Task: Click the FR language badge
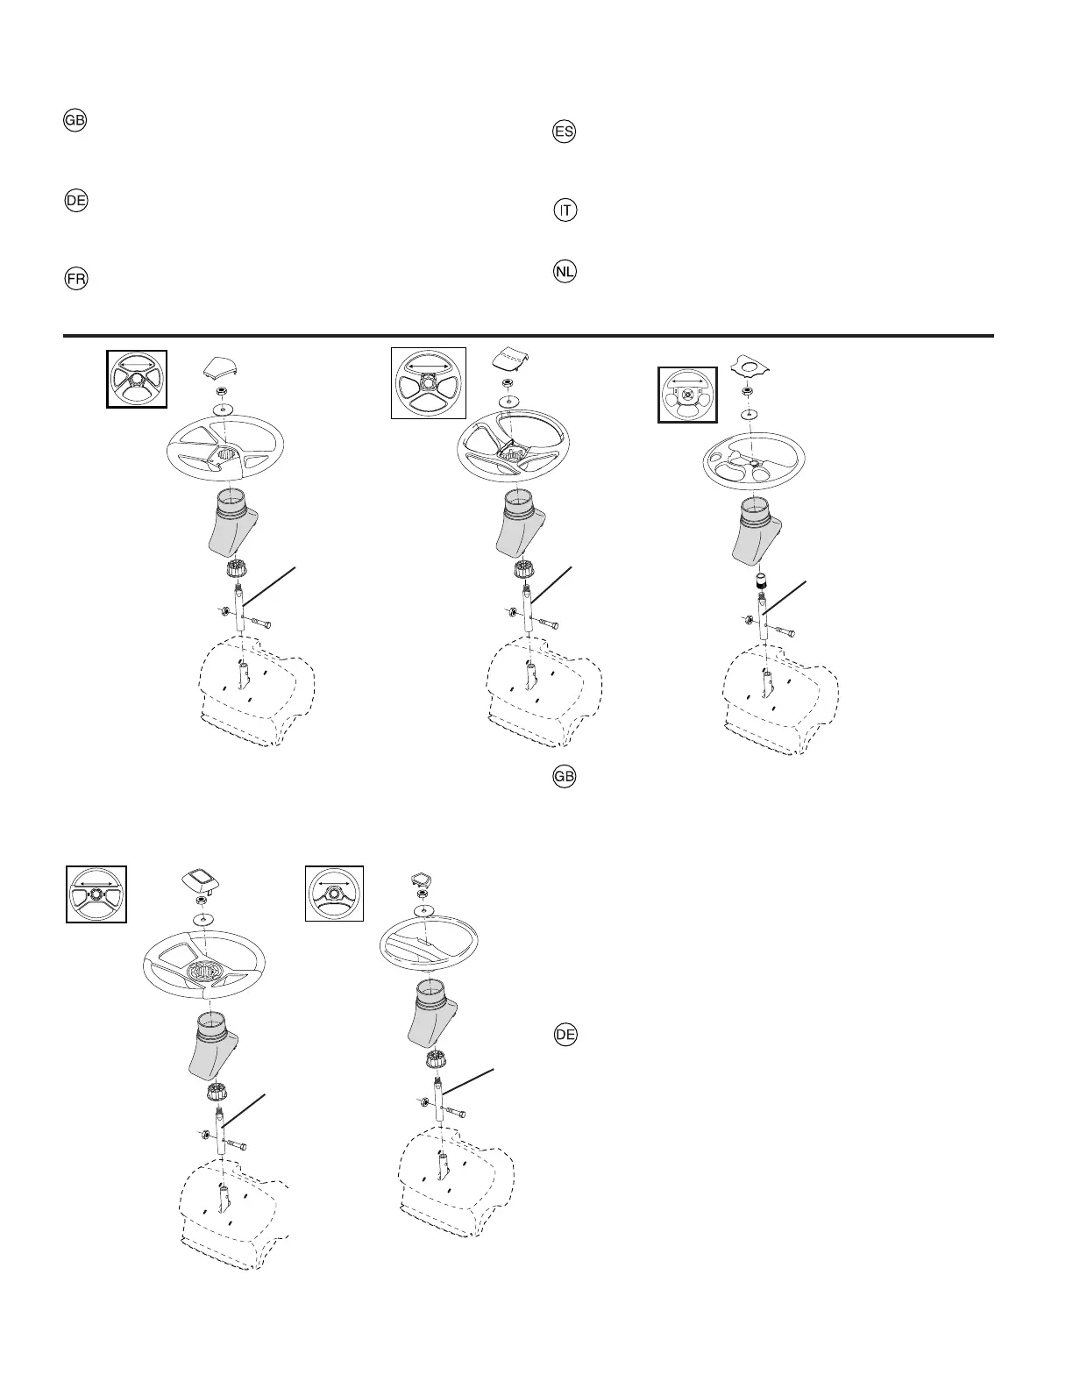click(x=76, y=280)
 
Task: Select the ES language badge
click(x=565, y=133)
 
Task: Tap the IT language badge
click(x=565, y=211)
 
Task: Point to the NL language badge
click(x=565, y=272)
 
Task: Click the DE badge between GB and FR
click(x=76, y=201)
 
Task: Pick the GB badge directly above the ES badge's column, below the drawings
click(x=565, y=777)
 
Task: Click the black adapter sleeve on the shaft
click(x=760, y=582)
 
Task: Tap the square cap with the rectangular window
click(x=201, y=880)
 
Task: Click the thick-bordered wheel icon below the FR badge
click(x=137, y=378)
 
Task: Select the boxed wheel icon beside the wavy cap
click(x=688, y=395)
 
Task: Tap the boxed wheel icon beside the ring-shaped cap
click(x=334, y=894)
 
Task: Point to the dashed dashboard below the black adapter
click(x=779, y=702)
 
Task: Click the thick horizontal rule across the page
click(x=529, y=335)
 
